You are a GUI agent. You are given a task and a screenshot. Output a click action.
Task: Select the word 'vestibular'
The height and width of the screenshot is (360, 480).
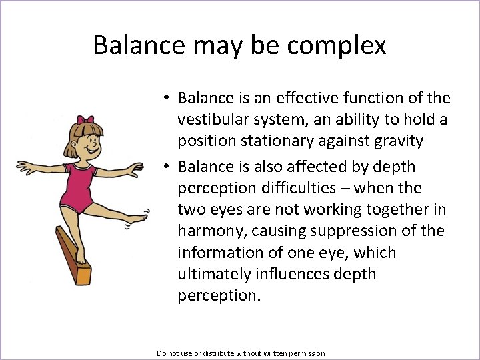tap(211, 120)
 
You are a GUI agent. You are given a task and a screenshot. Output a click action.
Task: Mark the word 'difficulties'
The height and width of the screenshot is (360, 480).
tap(296, 188)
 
